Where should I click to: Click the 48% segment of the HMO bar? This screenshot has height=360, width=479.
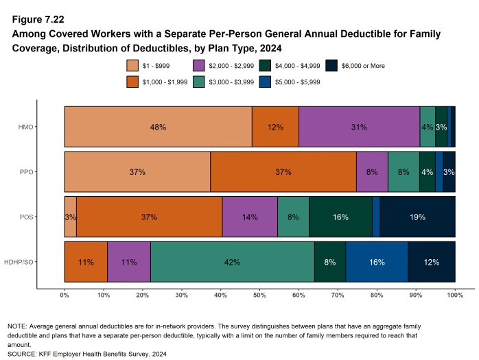158,128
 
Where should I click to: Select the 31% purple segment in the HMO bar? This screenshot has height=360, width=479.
359,128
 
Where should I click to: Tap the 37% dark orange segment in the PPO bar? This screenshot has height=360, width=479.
283,172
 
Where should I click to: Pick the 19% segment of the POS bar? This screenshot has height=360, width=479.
417,217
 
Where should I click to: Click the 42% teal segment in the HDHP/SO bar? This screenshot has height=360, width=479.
232,261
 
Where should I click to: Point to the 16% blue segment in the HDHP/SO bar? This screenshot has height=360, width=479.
376,261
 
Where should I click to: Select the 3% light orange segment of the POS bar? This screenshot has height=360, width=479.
70,217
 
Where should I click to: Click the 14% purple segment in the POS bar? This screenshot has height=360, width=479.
250,217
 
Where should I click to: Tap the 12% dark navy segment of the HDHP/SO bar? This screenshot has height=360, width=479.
432,261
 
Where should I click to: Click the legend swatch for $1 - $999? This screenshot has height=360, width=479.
134,66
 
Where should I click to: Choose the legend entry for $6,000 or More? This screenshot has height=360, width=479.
364,66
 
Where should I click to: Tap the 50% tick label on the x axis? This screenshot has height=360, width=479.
259,295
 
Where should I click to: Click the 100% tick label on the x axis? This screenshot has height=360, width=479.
454,295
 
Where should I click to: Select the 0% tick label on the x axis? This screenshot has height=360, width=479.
65,295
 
